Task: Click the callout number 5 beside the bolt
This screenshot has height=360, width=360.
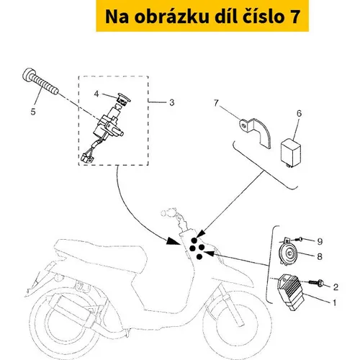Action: [x=33, y=112]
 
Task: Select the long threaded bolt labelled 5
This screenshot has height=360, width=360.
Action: [x=40, y=81]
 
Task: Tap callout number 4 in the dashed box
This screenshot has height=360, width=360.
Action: [x=96, y=94]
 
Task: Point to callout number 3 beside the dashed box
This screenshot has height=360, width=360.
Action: [x=171, y=102]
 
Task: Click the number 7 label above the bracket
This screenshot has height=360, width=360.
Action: [x=216, y=103]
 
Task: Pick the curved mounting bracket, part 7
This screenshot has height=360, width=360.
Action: [x=256, y=132]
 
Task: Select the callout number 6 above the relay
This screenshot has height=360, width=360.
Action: [x=299, y=114]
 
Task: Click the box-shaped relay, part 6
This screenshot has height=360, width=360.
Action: [x=291, y=152]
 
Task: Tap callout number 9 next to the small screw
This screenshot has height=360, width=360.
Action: [x=320, y=241]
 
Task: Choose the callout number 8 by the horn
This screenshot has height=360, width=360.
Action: [x=320, y=256]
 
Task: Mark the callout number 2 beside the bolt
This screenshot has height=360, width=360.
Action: [x=336, y=287]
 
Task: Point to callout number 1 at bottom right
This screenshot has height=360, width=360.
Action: [x=334, y=302]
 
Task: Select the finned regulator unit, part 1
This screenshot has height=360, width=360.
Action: [x=291, y=292]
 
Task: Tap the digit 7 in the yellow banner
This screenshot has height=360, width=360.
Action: [x=295, y=17]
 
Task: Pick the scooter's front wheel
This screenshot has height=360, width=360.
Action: [x=237, y=330]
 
